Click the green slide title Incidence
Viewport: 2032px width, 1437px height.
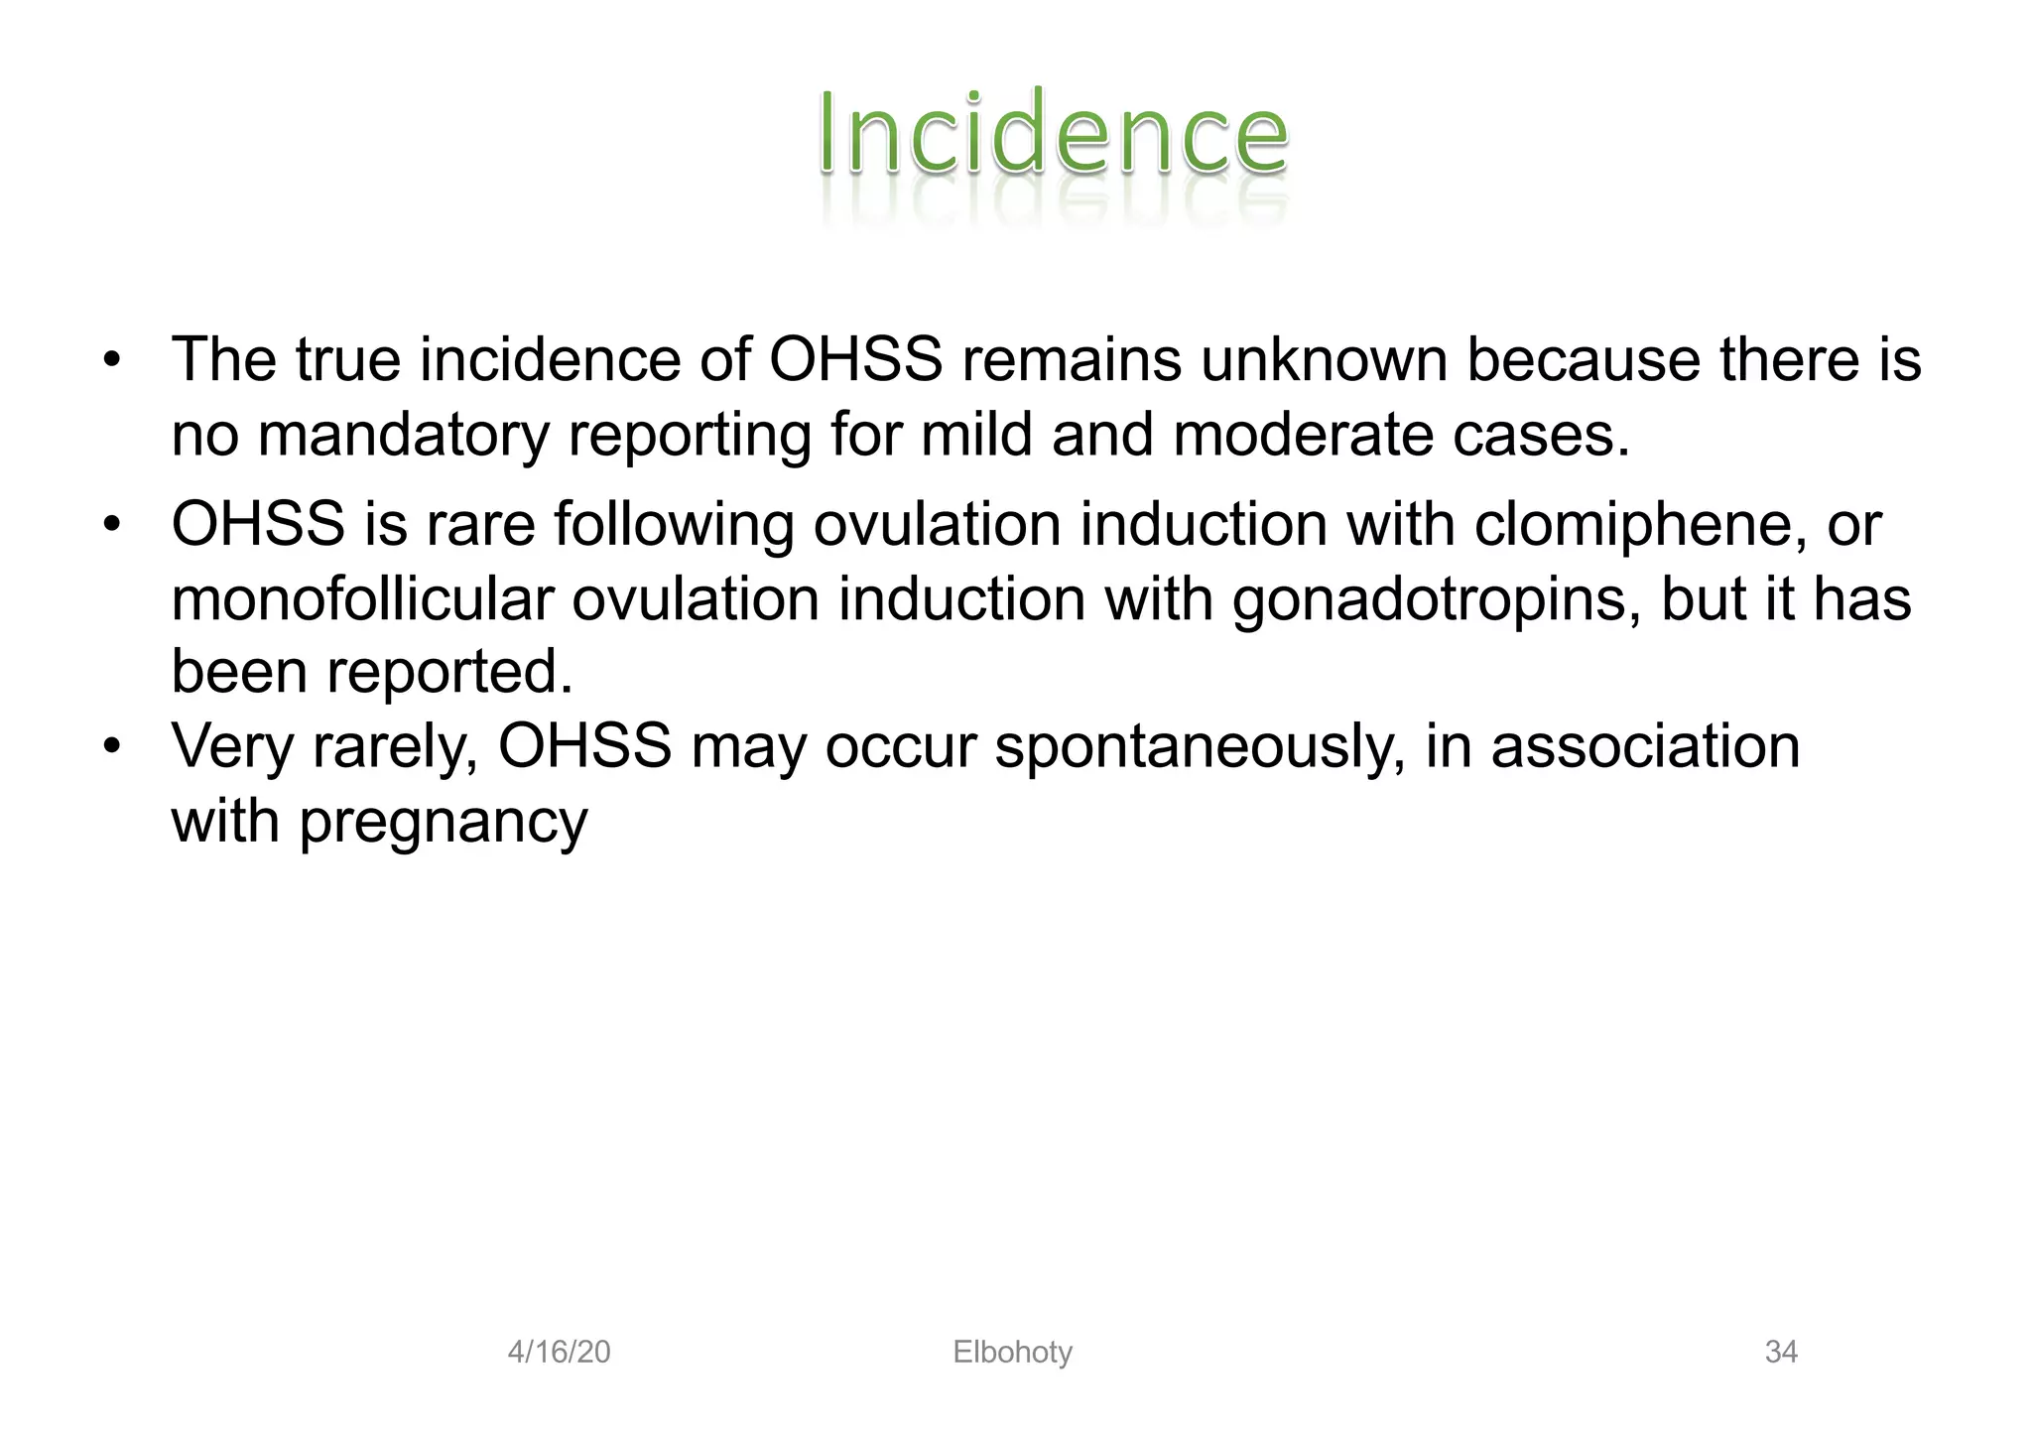tap(1053, 134)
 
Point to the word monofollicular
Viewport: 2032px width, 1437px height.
tap(361, 599)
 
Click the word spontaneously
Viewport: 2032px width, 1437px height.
tap(1200, 746)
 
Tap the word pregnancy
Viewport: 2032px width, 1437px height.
tap(444, 824)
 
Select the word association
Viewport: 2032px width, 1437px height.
tap(1645, 746)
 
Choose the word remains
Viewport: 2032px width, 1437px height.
tap(1072, 359)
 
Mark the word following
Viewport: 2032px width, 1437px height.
tap(674, 526)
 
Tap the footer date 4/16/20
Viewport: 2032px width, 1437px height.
tap(559, 1352)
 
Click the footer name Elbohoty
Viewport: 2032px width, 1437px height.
tap(1012, 1352)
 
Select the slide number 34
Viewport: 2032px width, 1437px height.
tap(1781, 1352)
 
